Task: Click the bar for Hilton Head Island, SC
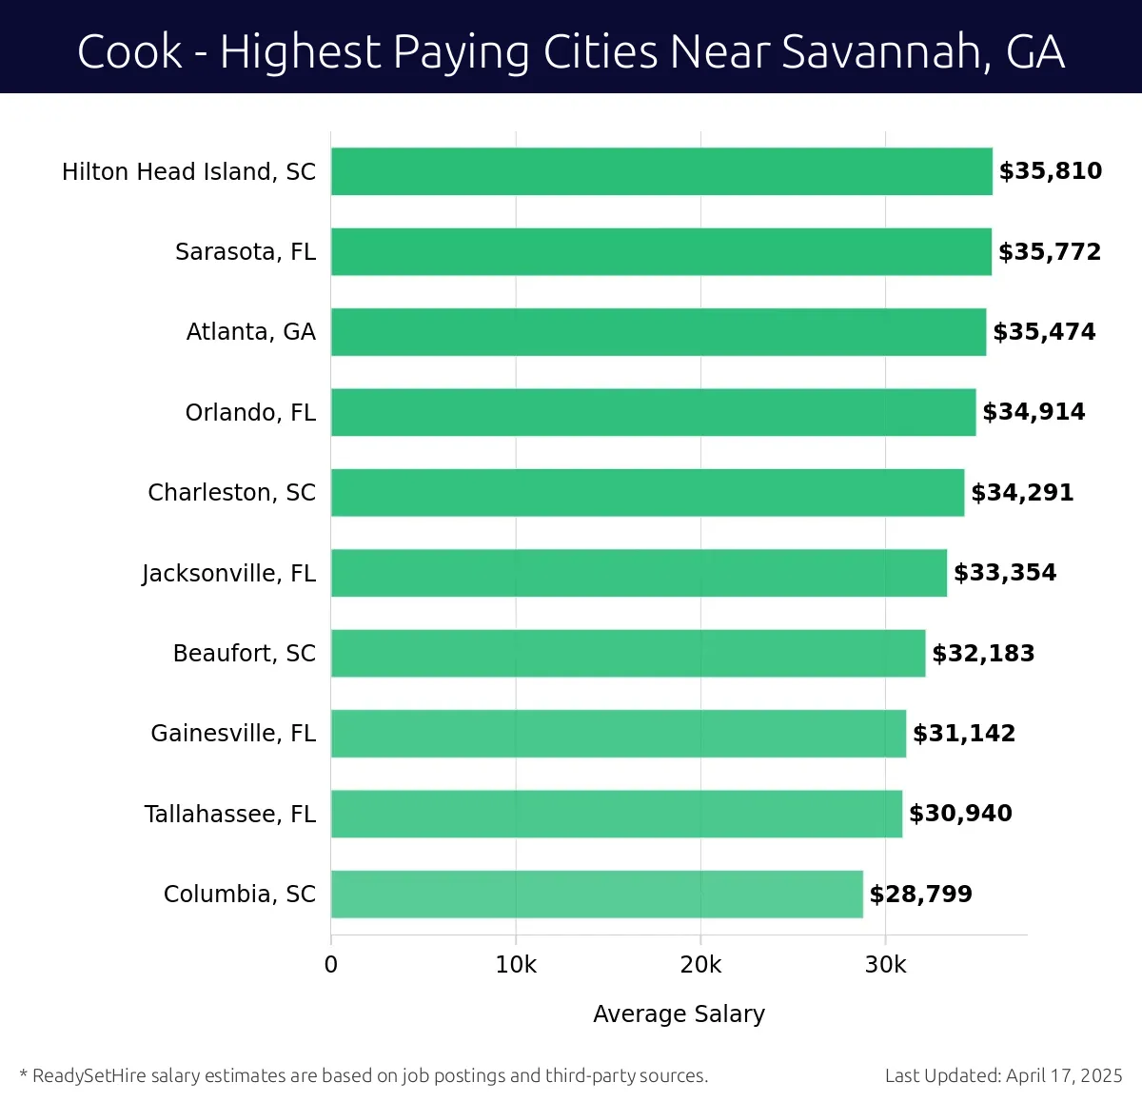click(661, 171)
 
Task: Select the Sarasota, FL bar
click(660, 251)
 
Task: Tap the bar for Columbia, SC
click(597, 894)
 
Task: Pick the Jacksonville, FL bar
click(639, 573)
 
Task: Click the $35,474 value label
click(1044, 332)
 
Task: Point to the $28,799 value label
click(920, 895)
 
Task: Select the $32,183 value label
click(983, 654)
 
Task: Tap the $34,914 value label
click(1034, 412)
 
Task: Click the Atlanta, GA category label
click(251, 332)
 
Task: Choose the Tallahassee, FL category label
click(230, 815)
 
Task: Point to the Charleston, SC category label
click(231, 493)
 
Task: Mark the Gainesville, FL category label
click(233, 734)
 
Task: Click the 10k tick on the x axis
click(516, 965)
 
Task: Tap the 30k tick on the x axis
click(885, 965)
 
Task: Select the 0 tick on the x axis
click(331, 965)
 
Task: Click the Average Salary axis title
click(679, 1014)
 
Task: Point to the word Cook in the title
click(129, 52)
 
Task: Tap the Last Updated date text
click(1003, 1076)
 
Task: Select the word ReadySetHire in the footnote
click(89, 1076)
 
